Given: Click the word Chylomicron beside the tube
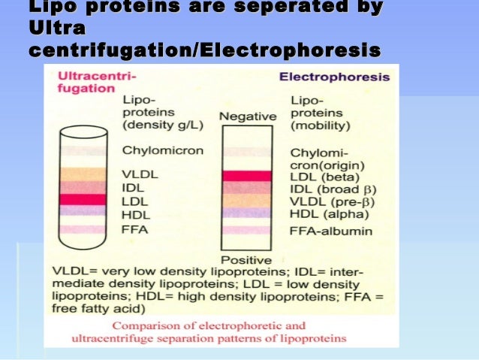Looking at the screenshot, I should [x=162, y=150].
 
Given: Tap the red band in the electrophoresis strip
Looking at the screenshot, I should [x=247, y=176].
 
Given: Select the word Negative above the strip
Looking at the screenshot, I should [x=248, y=116].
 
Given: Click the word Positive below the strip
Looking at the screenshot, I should [x=246, y=260].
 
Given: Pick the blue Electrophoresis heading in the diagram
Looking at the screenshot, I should [x=334, y=77].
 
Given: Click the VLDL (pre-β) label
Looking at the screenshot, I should [x=333, y=202].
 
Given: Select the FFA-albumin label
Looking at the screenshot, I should [x=331, y=231].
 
